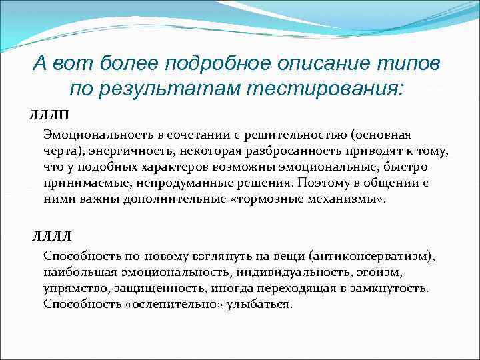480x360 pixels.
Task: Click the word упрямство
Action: tap(72, 289)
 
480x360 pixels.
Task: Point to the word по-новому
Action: tap(139, 257)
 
